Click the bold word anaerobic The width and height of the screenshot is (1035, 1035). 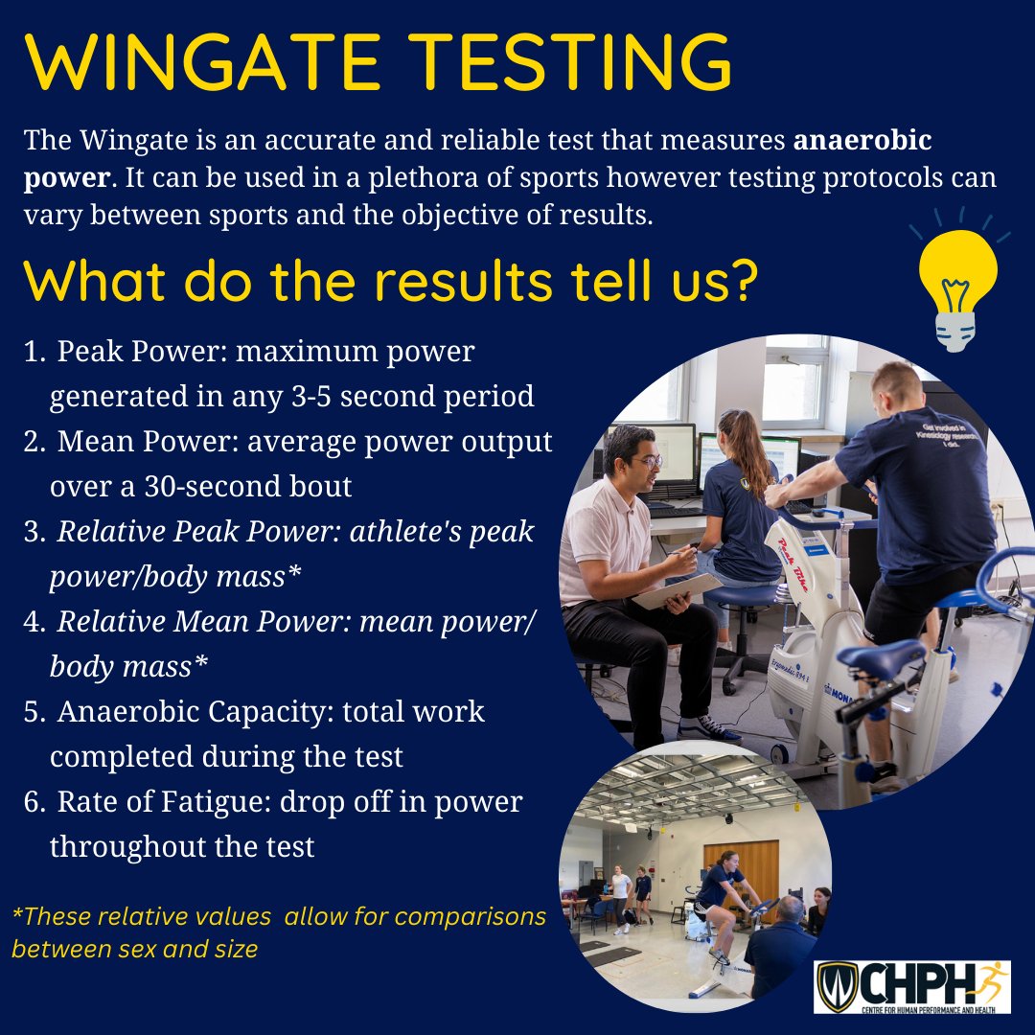(x=862, y=140)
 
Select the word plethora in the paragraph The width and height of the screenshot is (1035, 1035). (x=424, y=178)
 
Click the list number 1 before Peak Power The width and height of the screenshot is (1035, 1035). (x=34, y=352)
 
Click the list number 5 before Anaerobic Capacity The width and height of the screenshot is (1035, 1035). (x=34, y=712)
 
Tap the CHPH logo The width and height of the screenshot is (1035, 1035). (x=912, y=986)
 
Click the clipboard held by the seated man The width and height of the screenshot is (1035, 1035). (x=678, y=590)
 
